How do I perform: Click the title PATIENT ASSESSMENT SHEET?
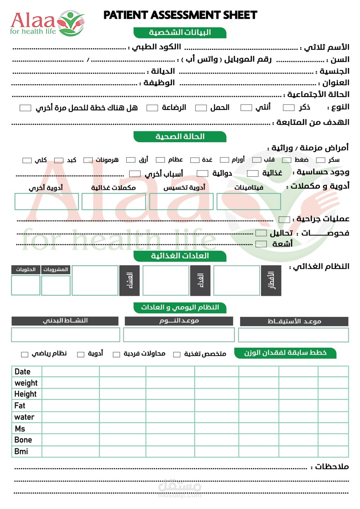pyautogui.click(x=180, y=15)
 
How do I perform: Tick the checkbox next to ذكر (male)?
pyautogui.click(x=288, y=108)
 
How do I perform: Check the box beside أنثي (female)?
pyautogui.click(x=246, y=108)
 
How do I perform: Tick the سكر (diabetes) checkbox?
pyautogui.click(x=320, y=160)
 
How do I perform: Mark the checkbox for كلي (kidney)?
pyautogui.click(x=27, y=160)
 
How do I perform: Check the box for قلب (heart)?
pyautogui.click(x=257, y=160)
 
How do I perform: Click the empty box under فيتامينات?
pyautogui.click(x=249, y=201)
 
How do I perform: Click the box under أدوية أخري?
pyautogui.click(x=46, y=201)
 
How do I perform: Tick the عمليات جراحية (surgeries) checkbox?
pyautogui.click(x=284, y=220)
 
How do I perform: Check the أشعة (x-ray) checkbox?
pyautogui.click(x=261, y=244)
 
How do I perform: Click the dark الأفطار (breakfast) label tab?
pyautogui.click(x=271, y=280)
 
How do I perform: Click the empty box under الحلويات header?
pyautogui.click(x=25, y=285)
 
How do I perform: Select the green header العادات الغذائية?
pyautogui.click(x=180, y=256)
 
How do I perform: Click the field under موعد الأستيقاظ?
pyautogui.click(x=293, y=335)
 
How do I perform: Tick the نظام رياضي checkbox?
pyautogui.click(x=25, y=354)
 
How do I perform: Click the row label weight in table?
pyautogui.click(x=26, y=383)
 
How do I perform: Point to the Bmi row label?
pyautogui.click(x=21, y=451)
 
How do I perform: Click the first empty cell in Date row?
pyautogui.click(x=70, y=372)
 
